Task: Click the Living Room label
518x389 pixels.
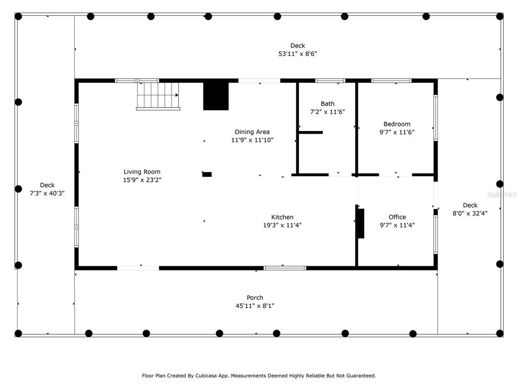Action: (142, 172)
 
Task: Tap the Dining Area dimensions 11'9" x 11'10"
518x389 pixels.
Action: (252, 140)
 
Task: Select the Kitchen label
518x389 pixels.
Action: (282, 217)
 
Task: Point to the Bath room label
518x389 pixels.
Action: (327, 103)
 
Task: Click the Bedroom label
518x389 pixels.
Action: (397, 124)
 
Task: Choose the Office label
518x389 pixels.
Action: (397, 217)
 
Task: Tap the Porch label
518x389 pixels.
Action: (255, 298)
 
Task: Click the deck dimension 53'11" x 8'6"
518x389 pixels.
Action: (297, 54)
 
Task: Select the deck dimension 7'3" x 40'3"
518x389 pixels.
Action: (47, 193)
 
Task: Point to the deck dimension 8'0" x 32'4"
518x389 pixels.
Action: (470, 213)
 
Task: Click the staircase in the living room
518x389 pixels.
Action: (158, 96)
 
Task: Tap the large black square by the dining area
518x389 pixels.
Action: (215, 96)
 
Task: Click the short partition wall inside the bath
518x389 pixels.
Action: (311, 132)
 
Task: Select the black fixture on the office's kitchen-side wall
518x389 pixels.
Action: (361, 223)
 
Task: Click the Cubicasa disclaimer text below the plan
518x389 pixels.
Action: (258, 376)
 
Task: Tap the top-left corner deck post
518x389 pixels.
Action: (18, 16)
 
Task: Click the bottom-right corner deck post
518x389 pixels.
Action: (500, 333)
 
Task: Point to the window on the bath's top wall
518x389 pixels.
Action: (330, 81)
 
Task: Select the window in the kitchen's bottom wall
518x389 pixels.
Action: (285, 268)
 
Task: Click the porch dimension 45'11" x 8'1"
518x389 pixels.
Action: (255, 306)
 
